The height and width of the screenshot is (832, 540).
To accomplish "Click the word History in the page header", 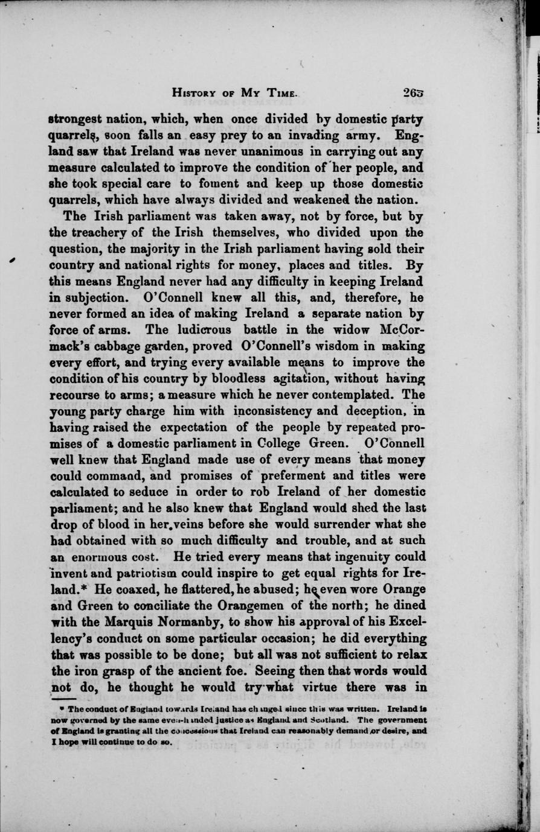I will [196, 93].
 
